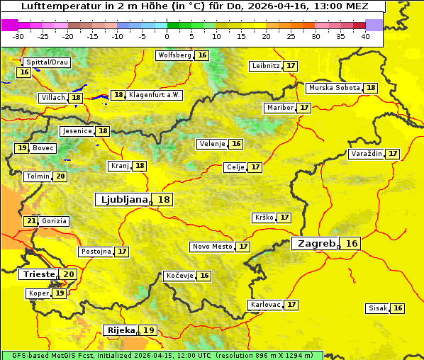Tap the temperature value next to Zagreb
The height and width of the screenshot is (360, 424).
coord(352,244)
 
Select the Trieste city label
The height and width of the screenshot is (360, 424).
coord(38,274)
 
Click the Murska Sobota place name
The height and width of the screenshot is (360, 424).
coord(334,88)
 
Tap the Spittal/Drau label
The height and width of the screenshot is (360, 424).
coord(46,62)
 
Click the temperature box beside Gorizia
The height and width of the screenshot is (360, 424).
coord(31,221)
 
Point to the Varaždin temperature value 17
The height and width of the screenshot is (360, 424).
coord(393,154)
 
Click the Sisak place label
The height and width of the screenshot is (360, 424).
coord(378,308)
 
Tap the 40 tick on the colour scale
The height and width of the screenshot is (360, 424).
coord(365,36)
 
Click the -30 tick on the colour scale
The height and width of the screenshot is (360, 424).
coord(18,36)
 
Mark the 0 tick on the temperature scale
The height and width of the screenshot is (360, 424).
coord(167,36)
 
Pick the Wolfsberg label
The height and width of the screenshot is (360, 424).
coord(174,55)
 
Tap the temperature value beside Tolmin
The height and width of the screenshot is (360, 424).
coord(60,176)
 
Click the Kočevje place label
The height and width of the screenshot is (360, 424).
coord(179,276)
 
